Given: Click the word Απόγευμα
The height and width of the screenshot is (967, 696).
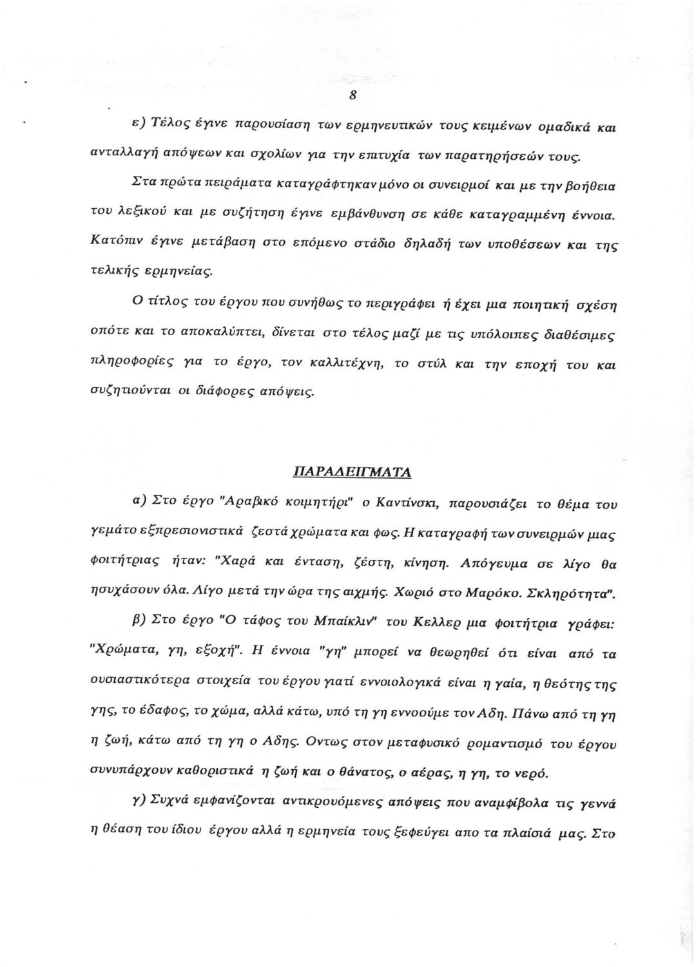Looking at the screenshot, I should pos(492,562).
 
